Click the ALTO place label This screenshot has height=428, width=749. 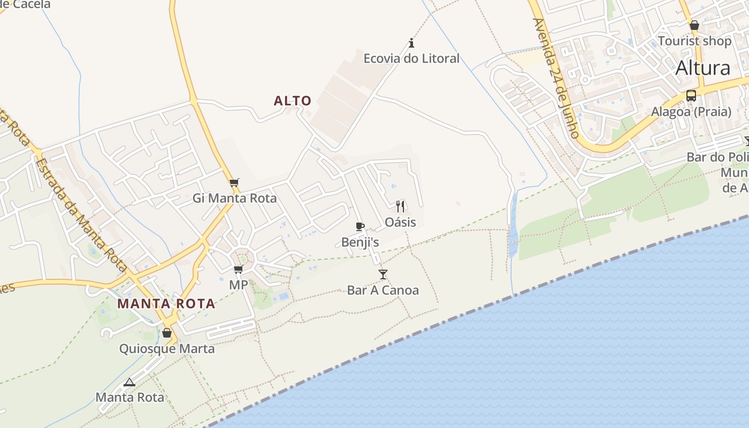[x=292, y=101]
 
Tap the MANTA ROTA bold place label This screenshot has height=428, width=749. [x=166, y=304]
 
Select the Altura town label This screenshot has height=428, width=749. [x=702, y=68]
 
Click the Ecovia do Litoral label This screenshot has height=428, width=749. [x=411, y=58]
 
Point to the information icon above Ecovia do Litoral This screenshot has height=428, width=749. [x=411, y=43]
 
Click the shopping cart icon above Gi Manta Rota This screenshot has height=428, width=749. [x=234, y=183]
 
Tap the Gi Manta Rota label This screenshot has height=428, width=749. [x=235, y=198]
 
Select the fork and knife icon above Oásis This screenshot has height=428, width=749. [x=400, y=206]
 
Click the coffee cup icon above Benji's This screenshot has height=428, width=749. [x=360, y=227]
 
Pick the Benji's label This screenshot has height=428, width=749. [x=360, y=242]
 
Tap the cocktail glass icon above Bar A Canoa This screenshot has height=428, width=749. [x=383, y=274]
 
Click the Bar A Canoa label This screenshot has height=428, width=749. [x=383, y=291]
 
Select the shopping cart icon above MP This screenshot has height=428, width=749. [x=239, y=269]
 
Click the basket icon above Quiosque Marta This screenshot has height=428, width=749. [x=167, y=333]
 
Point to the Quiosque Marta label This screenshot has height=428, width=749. [x=167, y=349]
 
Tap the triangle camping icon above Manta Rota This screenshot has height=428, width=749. [x=129, y=382]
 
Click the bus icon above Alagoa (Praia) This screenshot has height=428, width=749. [x=691, y=96]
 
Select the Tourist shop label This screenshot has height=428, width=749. [x=694, y=41]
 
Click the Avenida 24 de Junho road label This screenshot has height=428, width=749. [x=556, y=78]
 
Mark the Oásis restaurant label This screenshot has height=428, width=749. [x=400, y=221]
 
